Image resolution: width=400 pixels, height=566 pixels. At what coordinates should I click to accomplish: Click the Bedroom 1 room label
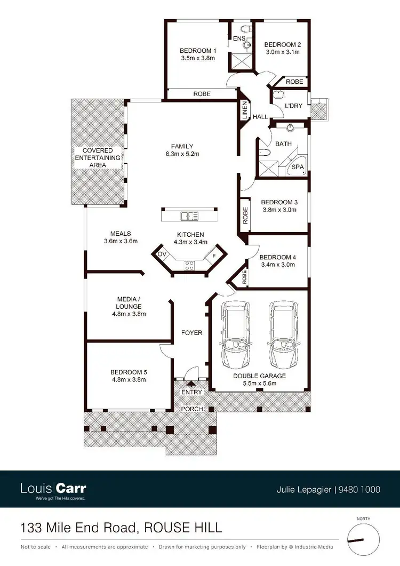[197, 51]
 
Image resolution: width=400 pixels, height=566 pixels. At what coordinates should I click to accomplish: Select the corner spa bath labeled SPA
[297, 167]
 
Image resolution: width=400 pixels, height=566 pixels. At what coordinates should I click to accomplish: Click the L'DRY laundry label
[293, 106]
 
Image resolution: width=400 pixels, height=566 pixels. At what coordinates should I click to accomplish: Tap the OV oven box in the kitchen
[162, 254]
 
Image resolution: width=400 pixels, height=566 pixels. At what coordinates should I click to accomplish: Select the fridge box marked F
[214, 256]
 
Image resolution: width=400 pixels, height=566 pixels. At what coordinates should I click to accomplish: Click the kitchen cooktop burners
[190, 265]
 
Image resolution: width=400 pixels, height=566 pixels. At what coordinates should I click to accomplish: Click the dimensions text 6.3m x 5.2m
[182, 154]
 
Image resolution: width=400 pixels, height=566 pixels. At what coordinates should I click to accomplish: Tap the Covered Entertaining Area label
[94, 158]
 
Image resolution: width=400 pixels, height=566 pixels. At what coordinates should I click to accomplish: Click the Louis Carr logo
[53, 489]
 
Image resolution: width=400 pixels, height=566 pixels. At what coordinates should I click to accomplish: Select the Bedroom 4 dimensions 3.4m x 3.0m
[277, 264]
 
